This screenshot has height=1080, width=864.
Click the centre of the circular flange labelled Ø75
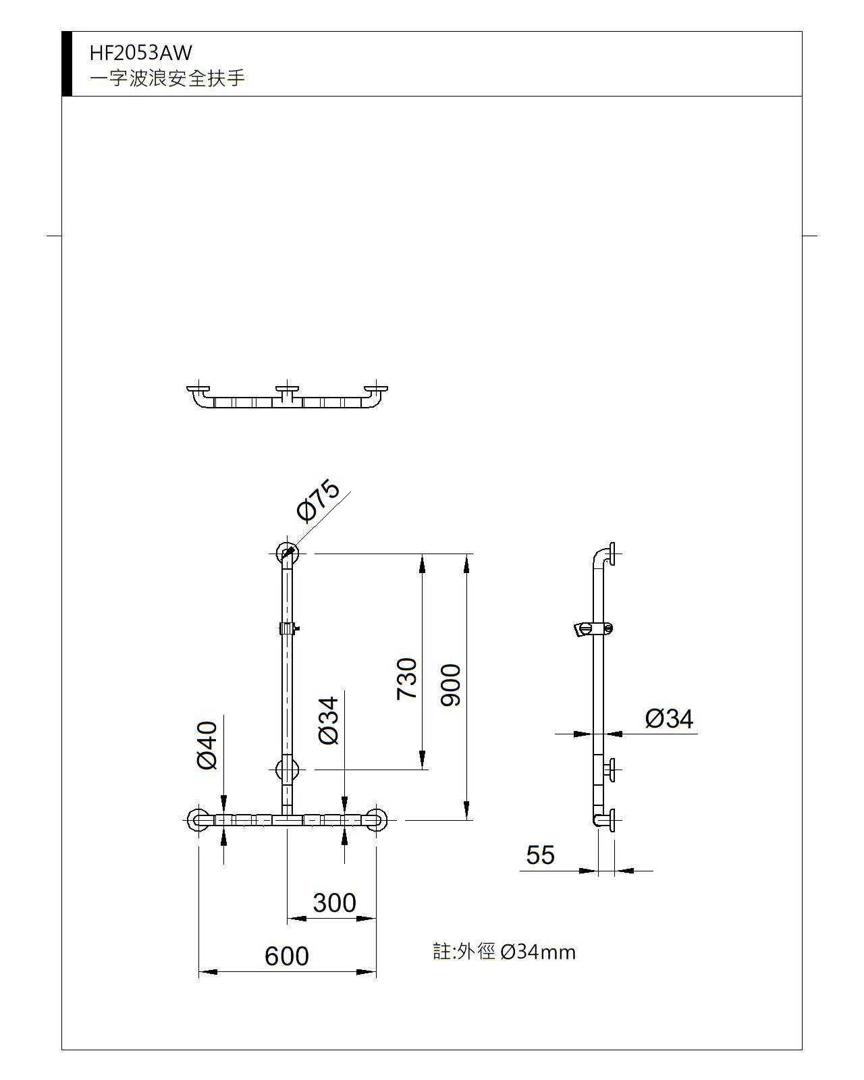click(287, 553)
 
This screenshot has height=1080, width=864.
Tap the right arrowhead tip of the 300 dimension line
click(376, 919)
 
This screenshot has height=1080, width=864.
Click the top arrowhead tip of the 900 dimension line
click(466, 554)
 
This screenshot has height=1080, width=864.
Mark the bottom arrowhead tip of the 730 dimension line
click(422, 769)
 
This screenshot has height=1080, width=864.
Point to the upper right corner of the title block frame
click(802, 32)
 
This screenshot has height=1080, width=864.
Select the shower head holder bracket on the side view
click(593, 629)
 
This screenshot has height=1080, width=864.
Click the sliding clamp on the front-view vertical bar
click(288, 628)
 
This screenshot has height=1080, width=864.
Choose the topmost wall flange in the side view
click(612, 554)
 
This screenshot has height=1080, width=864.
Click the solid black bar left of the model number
click(67, 63)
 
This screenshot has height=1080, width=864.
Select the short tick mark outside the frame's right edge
click(810, 236)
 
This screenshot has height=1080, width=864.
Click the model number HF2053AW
click(141, 53)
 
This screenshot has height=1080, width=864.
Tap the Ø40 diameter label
click(207, 745)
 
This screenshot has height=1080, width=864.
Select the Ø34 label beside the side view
click(669, 718)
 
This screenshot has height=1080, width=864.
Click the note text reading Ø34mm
click(538, 952)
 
